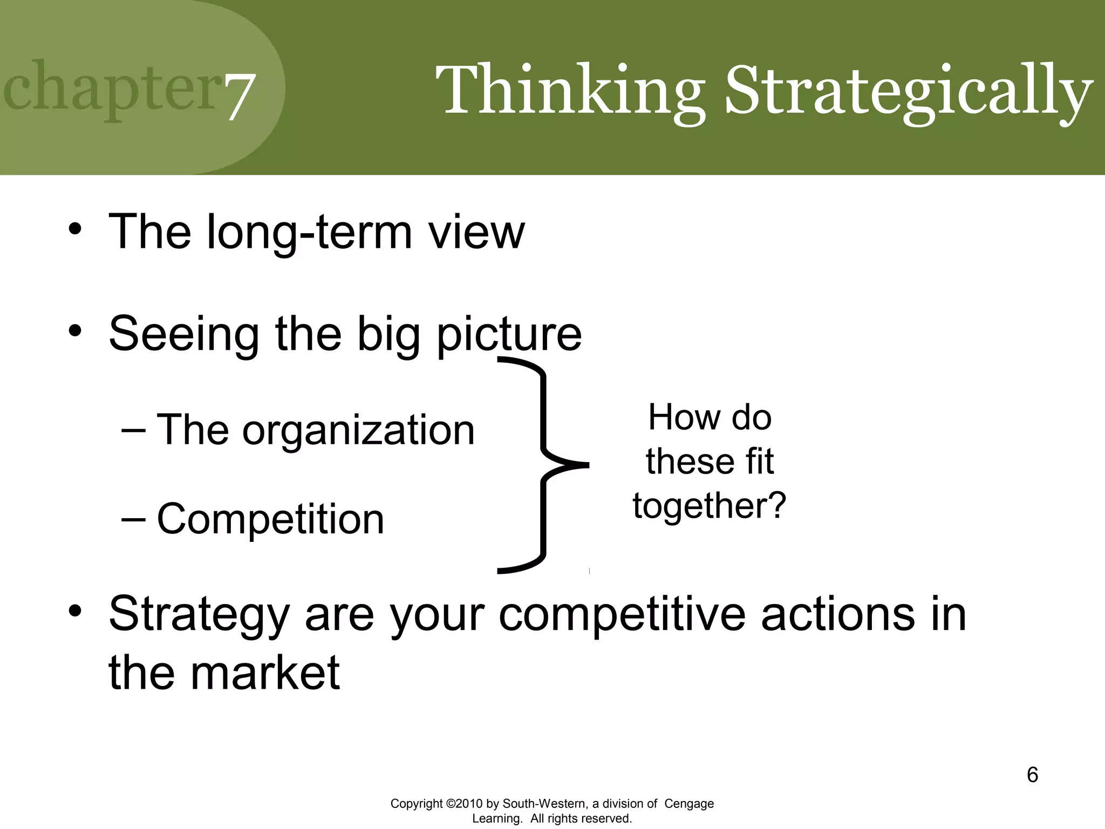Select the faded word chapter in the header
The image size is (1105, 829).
[x=111, y=89]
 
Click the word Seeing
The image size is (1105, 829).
[x=184, y=335]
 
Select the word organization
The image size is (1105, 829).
[x=358, y=430]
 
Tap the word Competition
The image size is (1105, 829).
[x=270, y=519]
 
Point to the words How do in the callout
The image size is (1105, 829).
[x=709, y=417]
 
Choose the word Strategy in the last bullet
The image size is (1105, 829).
[x=199, y=615]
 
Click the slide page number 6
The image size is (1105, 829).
[x=1032, y=775]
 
